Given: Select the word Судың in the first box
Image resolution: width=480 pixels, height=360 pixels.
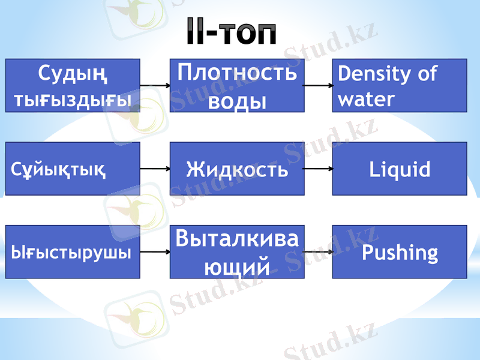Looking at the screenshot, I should pyautogui.click(x=73, y=74).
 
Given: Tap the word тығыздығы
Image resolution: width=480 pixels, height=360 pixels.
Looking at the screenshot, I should pyautogui.click(x=73, y=98).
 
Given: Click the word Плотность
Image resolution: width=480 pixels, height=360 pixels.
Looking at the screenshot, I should pyautogui.click(x=238, y=73).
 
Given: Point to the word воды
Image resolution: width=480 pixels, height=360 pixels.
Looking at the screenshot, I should pyautogui.click(x=237, y=99).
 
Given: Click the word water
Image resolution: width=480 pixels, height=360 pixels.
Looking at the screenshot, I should pyautogui.click(x=366, y=98).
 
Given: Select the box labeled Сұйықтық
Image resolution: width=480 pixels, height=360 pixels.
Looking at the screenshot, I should pyautogui.click(x=73, y=169).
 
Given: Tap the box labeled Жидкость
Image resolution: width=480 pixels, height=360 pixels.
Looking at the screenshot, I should pyautogui.click(x=236, y=169).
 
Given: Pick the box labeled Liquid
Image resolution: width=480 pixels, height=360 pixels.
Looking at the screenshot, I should pyautogui.click(x=400, y=169).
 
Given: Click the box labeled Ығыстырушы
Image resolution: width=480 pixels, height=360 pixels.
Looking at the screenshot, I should pyautogui.click(x=73, y=251).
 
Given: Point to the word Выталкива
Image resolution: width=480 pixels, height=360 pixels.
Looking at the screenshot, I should pyautogui.click(x=236, y=239).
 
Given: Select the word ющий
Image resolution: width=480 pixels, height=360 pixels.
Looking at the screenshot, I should pyautogui.click(x=236, y=264).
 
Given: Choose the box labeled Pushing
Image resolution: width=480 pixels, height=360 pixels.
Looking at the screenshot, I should pyautogui.click(x=400, y=251).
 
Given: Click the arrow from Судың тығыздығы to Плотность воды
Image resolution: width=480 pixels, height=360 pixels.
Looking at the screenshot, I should pyautogui.click(x=155, y=86).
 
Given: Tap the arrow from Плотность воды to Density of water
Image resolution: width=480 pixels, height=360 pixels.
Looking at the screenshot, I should pyautogui.click(x=318, y=86).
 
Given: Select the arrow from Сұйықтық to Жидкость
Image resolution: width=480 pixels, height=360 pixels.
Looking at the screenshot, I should pyautogui.click(x=155, y=169).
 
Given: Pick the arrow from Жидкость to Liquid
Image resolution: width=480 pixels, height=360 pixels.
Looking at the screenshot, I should pyautogui.click(x=318, y=169).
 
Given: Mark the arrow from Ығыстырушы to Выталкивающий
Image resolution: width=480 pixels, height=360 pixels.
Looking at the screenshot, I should pyautogui.click(x=155, y=252).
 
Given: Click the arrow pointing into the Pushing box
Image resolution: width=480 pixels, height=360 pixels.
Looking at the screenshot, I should pyautogui.click(x=318, y=252).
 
